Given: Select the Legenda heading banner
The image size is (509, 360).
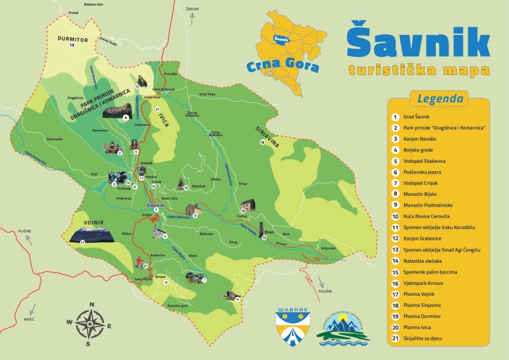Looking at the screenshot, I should coord(439,99).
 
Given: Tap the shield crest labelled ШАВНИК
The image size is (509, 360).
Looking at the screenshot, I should coord(292,326).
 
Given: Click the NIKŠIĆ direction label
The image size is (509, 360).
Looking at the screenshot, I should coord(29,319).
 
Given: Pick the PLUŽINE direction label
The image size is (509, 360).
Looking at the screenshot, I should coord(25,230).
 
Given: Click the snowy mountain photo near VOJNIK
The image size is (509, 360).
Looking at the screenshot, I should coord(92,235).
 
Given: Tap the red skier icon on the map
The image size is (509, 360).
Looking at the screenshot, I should coord(138,260).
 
